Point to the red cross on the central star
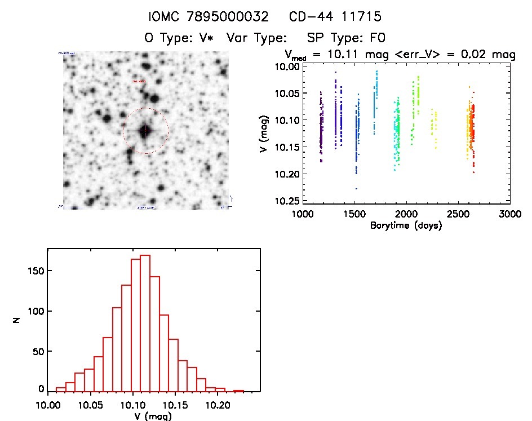coord(145,131)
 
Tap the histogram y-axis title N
coord(17,322)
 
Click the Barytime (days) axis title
coord(406,225)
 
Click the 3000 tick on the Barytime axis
coord(509,214)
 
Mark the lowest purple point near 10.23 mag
coord(356,188)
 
